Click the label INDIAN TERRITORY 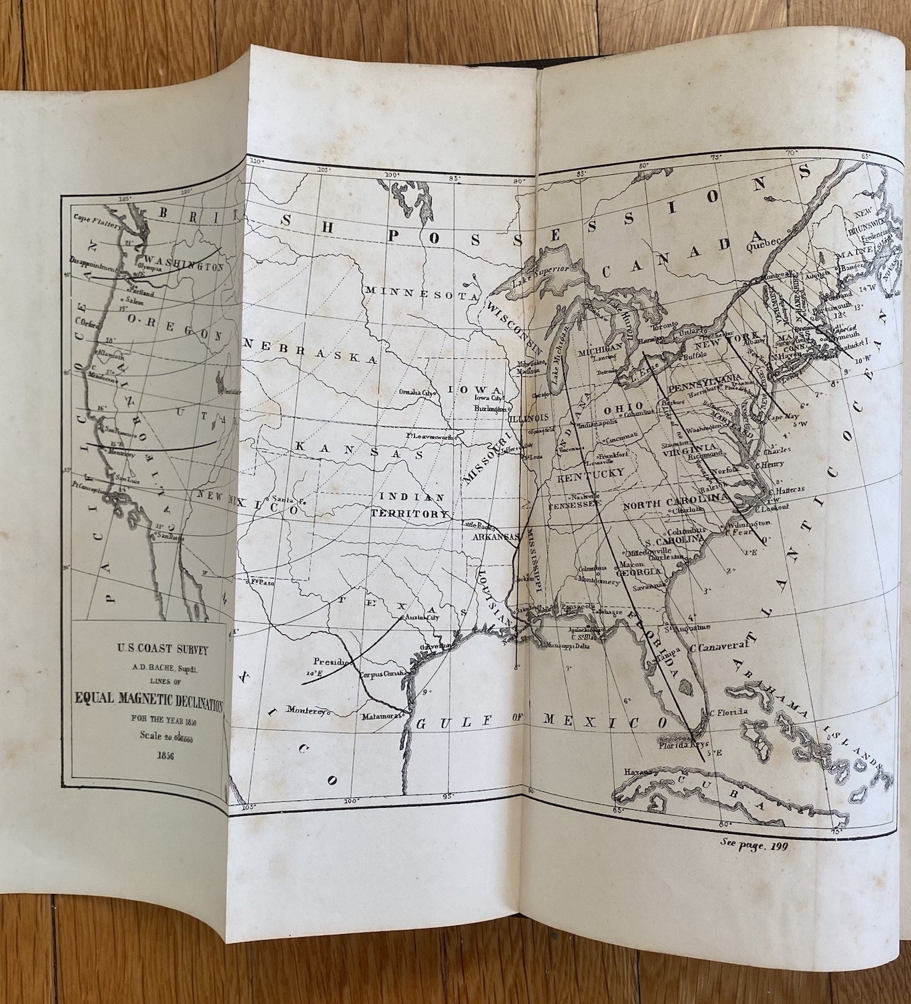click(412, 506)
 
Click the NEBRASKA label click(310, 350)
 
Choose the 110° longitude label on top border click(254, 160)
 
